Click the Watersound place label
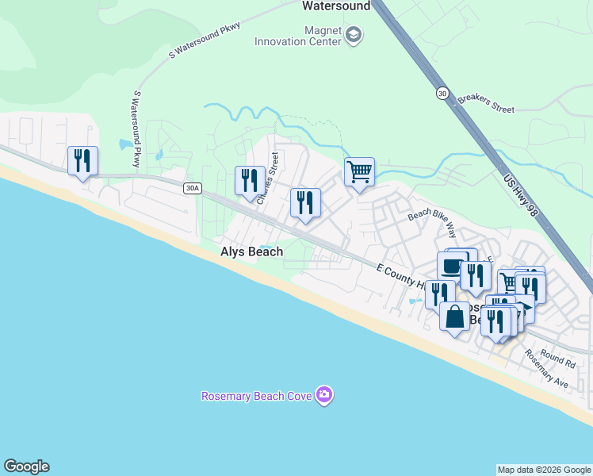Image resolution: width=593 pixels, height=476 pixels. pos(336,6)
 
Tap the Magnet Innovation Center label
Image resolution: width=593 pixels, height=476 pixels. pos(297,36)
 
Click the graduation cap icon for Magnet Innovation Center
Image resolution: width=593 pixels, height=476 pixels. pos(354,35)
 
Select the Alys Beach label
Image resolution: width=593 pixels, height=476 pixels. pos(251,251)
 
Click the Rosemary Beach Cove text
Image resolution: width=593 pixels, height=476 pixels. pos(257,395)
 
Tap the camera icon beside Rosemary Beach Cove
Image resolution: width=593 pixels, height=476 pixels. pos(323,394)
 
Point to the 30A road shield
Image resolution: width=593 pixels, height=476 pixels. pos(191,188)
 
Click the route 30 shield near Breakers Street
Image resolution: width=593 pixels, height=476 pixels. pos(442,94)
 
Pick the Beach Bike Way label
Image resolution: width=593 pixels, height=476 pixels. pos(432,225)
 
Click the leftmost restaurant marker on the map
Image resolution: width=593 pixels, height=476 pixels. pos(82,161)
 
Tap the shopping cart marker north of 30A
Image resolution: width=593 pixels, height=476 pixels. pos(359,171)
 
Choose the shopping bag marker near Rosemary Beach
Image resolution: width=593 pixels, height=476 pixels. pos(454,317)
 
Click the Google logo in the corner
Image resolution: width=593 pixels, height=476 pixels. pos(26,466)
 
